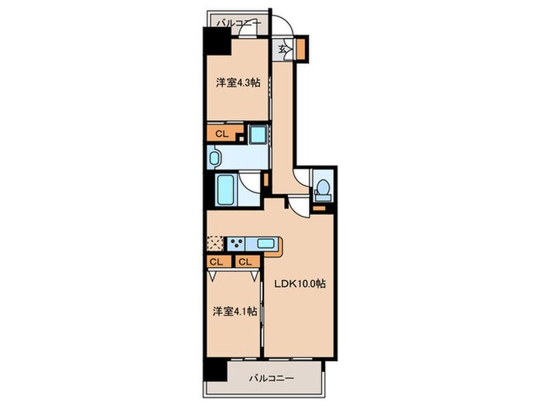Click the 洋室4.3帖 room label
[238, 83]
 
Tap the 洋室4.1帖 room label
[235, 312]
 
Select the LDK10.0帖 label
[300, 284]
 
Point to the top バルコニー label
[238, 24]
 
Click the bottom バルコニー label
[272, 378]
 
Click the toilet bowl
[323, 188]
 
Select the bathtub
[224, 190]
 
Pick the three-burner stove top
[236, 244]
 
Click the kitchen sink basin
[266, 244]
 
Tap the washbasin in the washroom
[214, 158]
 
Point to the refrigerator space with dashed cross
[215, 244]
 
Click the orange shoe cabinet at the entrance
[301, 48]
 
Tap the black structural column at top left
[217, 41]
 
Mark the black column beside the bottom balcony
[215, 370]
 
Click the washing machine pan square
[258, 135]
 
